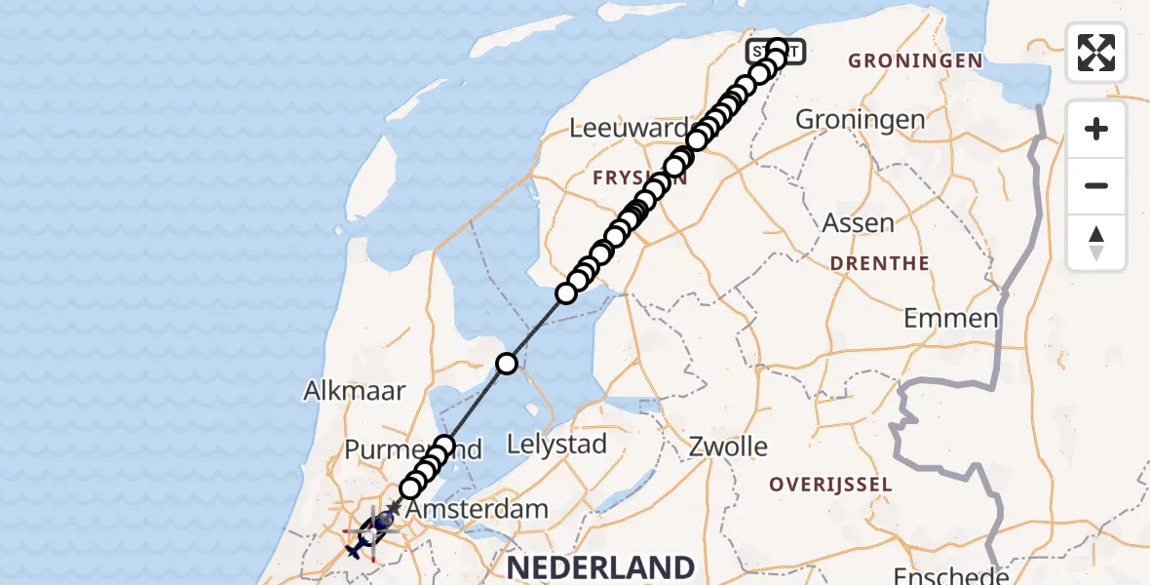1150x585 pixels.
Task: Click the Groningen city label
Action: [861, 120]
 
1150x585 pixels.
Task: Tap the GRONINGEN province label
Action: [915, 60]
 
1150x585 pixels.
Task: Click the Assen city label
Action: [859, 222]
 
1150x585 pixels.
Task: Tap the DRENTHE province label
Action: [879, 263]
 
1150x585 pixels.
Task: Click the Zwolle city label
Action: [727, 448]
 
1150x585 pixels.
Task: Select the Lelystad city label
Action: [556, 445]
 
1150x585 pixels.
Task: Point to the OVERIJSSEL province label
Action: [830, 485]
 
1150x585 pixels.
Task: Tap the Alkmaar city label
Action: [353, 391]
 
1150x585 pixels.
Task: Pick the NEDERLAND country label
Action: [599, 567]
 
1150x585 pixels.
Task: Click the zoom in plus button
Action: [1096, 130]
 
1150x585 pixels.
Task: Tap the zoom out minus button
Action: [1096, 185]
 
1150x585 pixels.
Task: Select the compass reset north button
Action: [1096, 243]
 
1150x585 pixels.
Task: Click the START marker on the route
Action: [777, 51]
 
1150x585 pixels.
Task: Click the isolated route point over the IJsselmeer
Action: [506, 364]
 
